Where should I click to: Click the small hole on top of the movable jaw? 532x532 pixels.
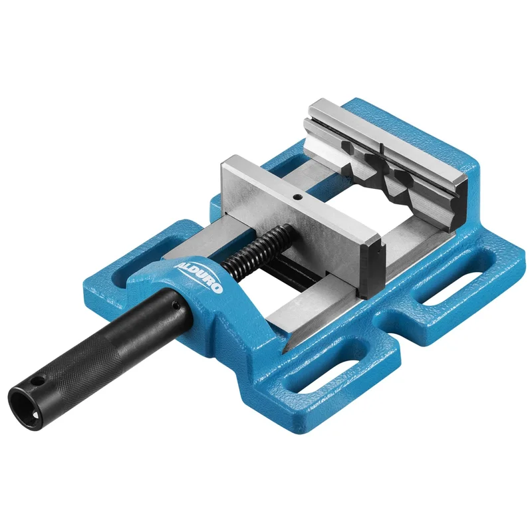coord(297,196)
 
